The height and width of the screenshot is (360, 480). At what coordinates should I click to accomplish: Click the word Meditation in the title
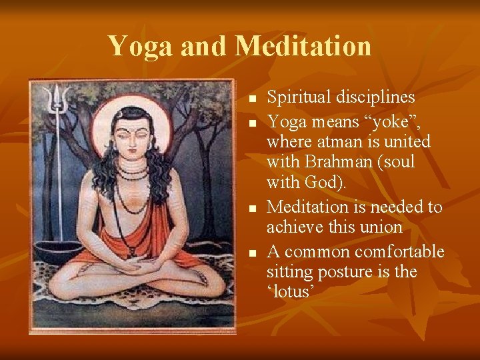click(x=303, y=46)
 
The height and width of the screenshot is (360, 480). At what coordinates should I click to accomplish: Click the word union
click(x=380, y=227)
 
